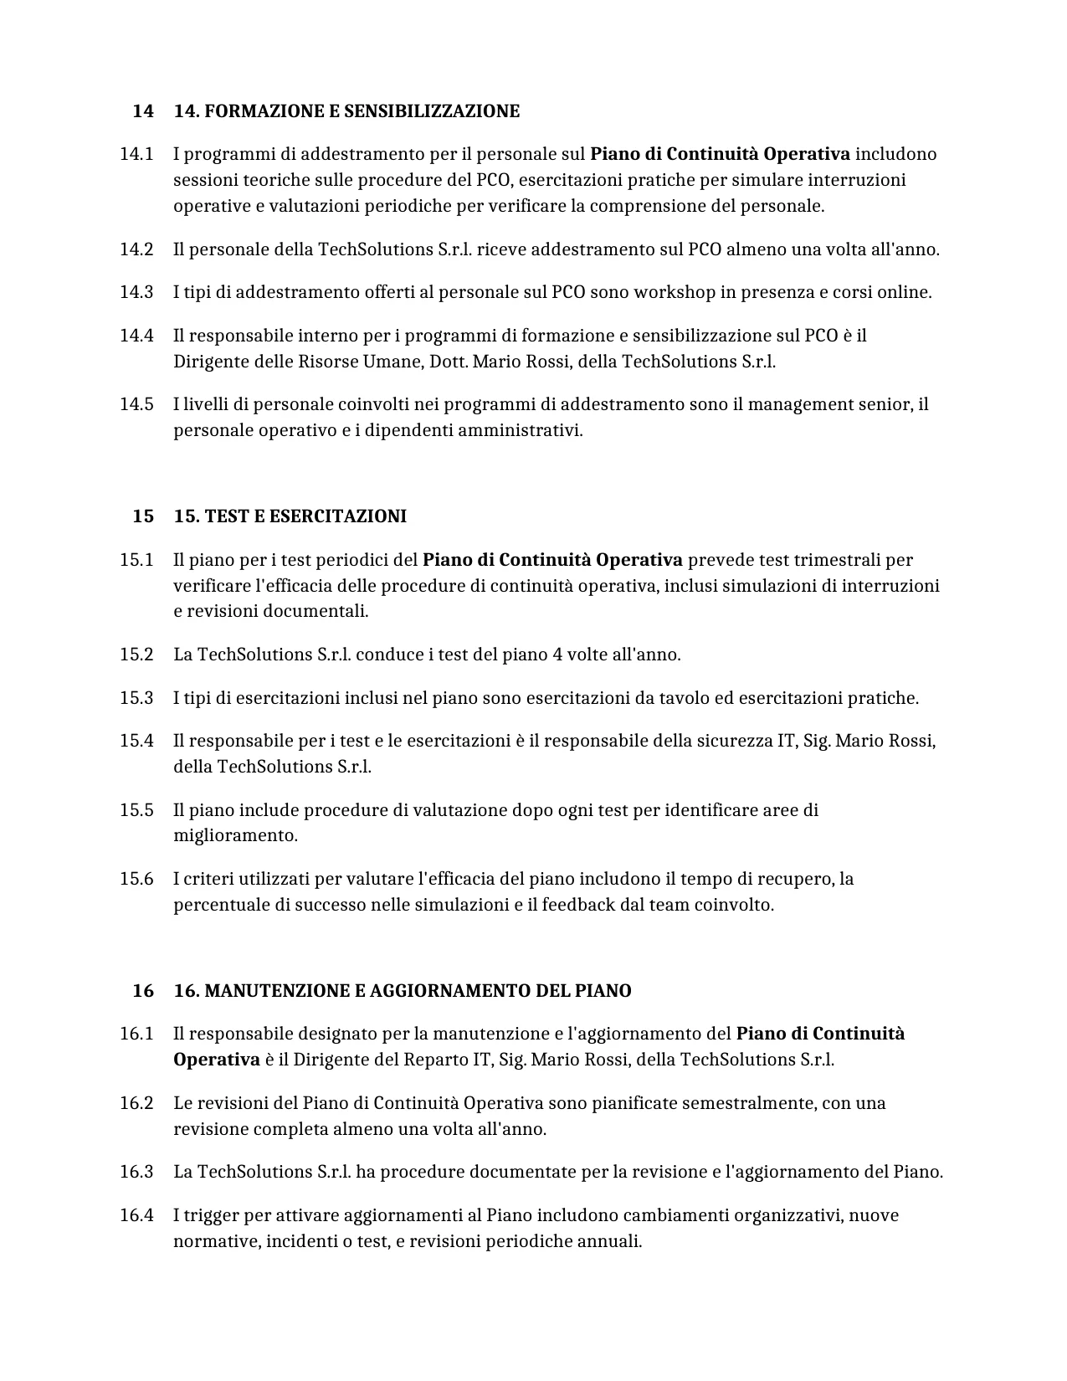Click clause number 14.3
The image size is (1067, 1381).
(136, 292)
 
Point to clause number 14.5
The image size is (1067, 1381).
(136, 404)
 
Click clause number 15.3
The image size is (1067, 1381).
(136, 698)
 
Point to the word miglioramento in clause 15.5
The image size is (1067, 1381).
(235, 835)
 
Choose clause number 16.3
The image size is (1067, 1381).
(136, 1172)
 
